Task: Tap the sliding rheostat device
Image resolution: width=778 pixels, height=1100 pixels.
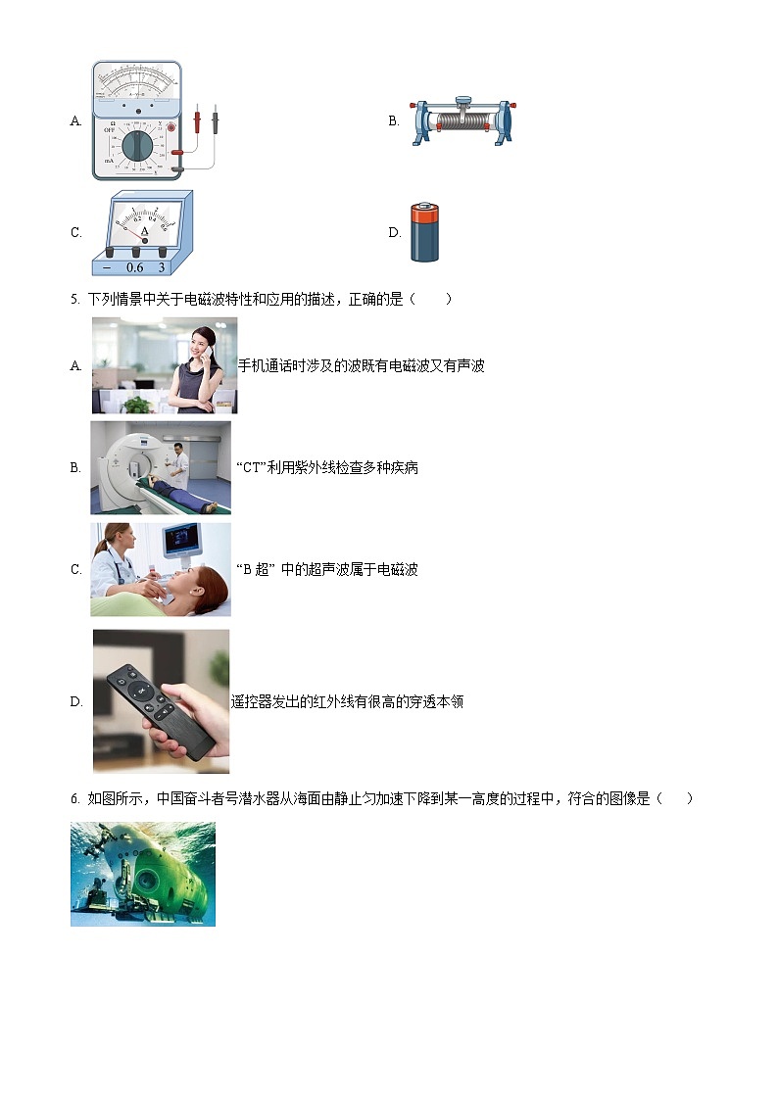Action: click(463, 121)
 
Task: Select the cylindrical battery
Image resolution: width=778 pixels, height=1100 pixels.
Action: click(425, 233)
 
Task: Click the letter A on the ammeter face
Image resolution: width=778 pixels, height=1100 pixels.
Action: click(143, 232)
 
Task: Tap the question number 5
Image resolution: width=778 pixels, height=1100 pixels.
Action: click(74, 300)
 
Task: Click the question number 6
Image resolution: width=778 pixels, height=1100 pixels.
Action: click(74, 799)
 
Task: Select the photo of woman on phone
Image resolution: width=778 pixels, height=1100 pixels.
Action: click(165, 365)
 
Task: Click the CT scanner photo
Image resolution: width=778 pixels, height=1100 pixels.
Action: click(161, 467)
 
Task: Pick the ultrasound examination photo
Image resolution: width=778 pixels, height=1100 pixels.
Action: click(161, 569)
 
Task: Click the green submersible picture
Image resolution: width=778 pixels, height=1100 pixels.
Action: click(143, 874)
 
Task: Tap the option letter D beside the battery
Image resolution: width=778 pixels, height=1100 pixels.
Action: click(394, 233)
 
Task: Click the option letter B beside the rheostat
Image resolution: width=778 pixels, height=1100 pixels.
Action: click(394, 121)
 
